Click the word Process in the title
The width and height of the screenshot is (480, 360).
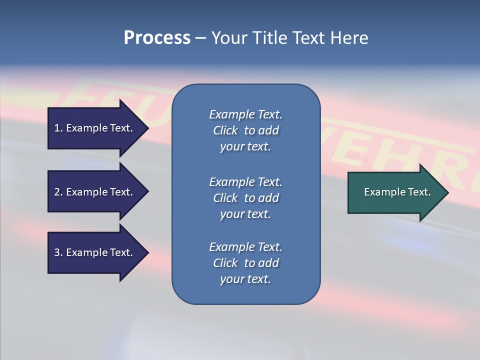click(x=157, y=38)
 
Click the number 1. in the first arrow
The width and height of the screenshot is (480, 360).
click(x=58, y=128)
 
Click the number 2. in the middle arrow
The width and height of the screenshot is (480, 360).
click(x=58, y=192)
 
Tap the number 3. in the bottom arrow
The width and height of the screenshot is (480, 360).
click(x=58, y=252)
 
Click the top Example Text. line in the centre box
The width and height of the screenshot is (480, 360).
click(x=245, y=114)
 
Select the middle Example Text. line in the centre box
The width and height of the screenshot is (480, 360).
click(x=245, y=182)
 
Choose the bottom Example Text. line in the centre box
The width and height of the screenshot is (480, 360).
click(x=245, y=247)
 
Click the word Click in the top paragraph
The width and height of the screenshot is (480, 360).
click(x=225, y=130)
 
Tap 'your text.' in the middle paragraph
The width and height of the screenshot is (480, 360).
click(x=245, y=214)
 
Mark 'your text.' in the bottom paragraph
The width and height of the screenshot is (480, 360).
click(x=245, y=279)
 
